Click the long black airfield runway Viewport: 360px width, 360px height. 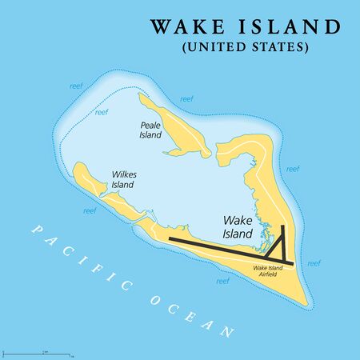224,249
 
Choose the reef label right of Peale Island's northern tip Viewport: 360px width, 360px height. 186,99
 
